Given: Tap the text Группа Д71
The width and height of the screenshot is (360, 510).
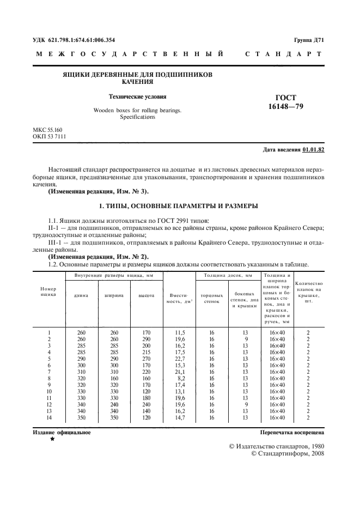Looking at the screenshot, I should (x=309, y=40).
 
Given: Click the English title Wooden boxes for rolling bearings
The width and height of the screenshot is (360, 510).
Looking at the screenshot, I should (x=137, y=110).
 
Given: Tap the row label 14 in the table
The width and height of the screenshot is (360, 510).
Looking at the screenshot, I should (x=49, y=417).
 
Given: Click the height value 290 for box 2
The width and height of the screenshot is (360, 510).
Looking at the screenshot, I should (x=145, y=339).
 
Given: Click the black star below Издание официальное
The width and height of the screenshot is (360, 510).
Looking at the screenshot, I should (x=52, y=439).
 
